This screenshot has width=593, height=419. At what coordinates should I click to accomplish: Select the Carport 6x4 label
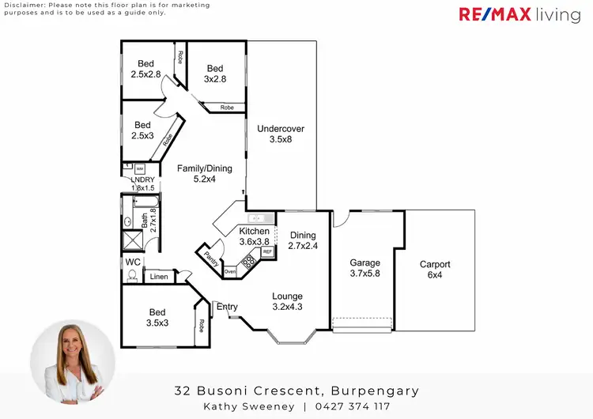435,270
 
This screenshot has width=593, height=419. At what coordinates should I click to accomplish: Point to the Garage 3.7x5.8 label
365,268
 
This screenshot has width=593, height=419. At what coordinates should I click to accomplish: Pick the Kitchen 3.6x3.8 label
255,236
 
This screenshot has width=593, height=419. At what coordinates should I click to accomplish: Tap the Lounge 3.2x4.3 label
287,301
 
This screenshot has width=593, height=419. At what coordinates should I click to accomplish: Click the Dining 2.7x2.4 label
302,240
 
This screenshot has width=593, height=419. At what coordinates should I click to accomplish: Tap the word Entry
227,307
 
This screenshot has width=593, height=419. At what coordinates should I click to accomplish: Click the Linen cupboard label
159,277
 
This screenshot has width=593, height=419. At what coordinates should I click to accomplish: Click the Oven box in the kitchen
229,272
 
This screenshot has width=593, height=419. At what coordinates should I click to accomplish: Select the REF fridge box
267,251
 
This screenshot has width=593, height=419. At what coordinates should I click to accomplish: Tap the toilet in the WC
132,276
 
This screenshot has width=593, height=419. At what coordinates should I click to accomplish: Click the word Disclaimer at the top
21,5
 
